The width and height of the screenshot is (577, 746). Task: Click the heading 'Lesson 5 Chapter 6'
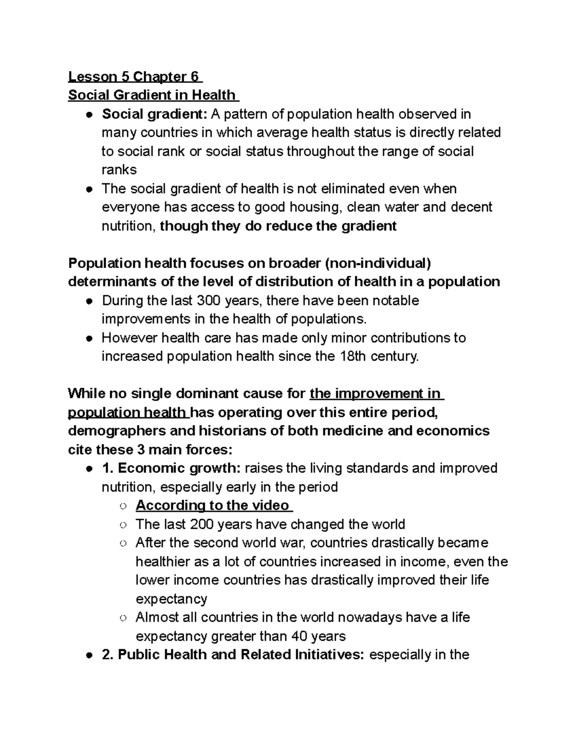135,77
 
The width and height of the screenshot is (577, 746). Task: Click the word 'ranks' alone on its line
119,170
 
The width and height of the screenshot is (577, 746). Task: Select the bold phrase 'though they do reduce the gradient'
278,226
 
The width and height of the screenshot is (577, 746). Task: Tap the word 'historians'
231,430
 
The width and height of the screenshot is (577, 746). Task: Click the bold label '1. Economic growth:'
171,468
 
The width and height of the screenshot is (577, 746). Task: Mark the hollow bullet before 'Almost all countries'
124,618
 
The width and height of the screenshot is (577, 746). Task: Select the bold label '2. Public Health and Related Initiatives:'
233,655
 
